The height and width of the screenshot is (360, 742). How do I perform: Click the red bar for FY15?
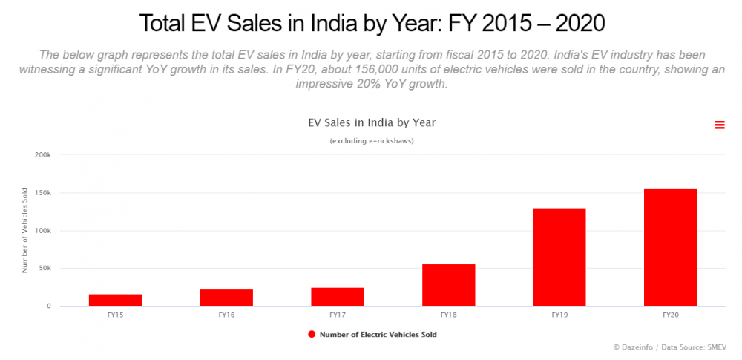115,300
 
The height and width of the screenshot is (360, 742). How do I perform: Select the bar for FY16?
226,298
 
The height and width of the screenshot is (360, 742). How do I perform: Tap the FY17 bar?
338,297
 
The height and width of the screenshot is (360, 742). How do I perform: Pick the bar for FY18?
449,285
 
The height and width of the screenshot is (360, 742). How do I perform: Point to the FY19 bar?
559,257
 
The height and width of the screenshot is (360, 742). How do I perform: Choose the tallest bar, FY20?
671,247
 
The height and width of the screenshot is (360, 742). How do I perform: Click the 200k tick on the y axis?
43,155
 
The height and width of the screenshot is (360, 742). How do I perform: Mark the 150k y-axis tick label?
43,193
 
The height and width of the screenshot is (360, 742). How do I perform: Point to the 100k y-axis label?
43,231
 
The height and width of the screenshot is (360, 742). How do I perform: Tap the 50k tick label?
45,269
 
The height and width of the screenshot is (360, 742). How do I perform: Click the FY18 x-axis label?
449,315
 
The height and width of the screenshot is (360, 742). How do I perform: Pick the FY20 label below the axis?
671,315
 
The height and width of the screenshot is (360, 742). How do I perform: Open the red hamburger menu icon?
719,125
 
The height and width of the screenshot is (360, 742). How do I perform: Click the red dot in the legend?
312,334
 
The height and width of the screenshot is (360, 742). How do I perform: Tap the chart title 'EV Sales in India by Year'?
371,122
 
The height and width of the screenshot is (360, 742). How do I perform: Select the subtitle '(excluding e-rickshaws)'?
371,141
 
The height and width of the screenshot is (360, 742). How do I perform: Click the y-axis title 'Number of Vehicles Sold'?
24,230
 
